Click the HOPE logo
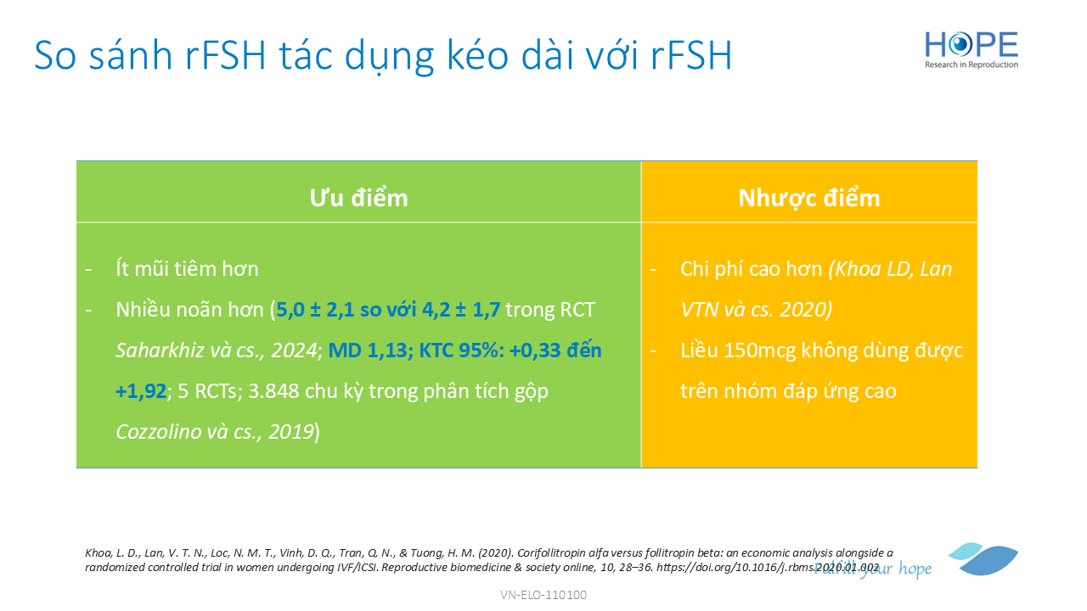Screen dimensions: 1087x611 (x=971, y=49)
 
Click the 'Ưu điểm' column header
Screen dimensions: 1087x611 (x=358, y=198)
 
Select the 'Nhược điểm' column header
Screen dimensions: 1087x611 (x=809, y=198)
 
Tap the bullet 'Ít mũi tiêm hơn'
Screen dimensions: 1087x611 (x=187, y=269)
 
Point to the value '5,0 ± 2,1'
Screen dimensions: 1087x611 (x=315, y=310)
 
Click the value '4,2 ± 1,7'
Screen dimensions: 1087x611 (x=461, y=310)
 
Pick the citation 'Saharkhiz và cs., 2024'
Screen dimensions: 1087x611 (x=216, y=350)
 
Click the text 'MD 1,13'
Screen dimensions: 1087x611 (x=368, y=350)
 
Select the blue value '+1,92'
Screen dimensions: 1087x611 (x=141, y=391)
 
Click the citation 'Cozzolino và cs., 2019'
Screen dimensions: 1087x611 (x=215, y=432)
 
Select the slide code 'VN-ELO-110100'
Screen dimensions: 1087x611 (x=543, y=595)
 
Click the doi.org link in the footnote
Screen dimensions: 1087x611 (x=768, y=567)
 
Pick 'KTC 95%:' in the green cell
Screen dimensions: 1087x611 (x=461, y=350)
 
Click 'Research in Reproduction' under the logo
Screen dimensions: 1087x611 (x=971, y=64)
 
